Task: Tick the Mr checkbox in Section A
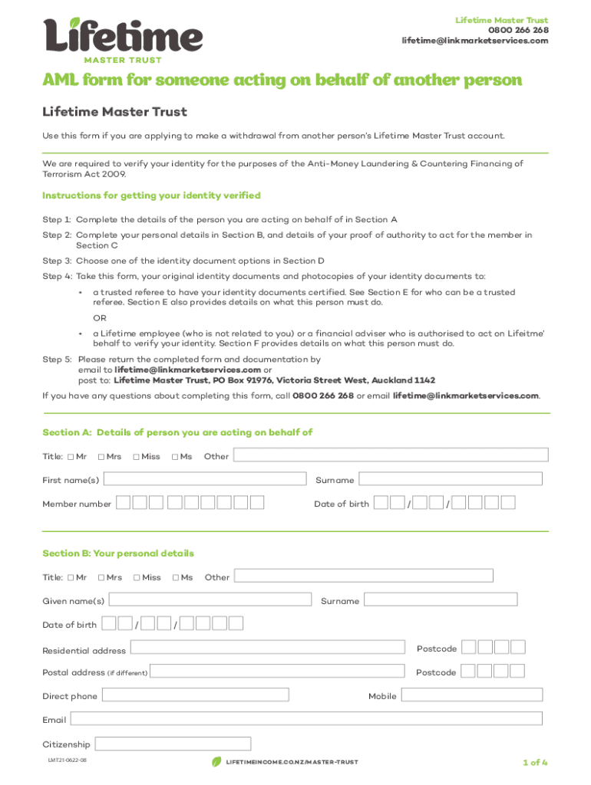click(71, 457)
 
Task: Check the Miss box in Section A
click(136, 457)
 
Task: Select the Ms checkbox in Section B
click(176, 577)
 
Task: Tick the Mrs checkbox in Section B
click(101, 577)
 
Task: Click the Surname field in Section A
click(451, 479)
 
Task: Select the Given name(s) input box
click(210, 600)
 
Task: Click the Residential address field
click(267, 649)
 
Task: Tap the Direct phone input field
click(195, 695)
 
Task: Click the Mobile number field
click(471, 695)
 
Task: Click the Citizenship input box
click(173, 744)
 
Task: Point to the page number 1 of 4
click(534, 762)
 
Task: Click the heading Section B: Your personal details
click(118, 553)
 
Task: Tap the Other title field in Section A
click(391, 455)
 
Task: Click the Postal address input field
click(277, 672)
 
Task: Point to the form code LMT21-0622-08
click(68, 760)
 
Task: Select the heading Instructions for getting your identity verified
click(151, 195)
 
